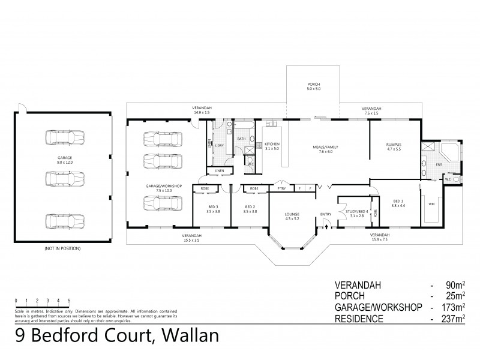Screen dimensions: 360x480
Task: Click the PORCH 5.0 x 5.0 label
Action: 314,86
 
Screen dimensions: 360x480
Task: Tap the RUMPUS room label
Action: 394,146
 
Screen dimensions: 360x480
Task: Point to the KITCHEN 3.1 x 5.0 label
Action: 272,146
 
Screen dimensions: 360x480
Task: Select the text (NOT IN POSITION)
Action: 62,248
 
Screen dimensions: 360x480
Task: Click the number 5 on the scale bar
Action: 69,301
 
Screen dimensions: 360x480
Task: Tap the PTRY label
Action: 281,188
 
